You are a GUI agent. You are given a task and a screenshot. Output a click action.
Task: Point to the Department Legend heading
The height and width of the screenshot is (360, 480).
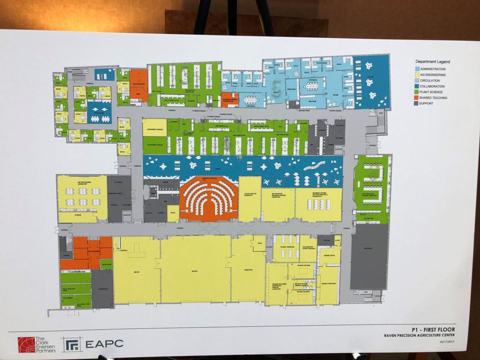point(432,62)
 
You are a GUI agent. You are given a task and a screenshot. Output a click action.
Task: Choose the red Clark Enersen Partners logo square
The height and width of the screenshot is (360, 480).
point(26,344)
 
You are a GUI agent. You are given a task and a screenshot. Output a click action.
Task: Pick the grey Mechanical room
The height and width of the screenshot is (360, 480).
point(369,256)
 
